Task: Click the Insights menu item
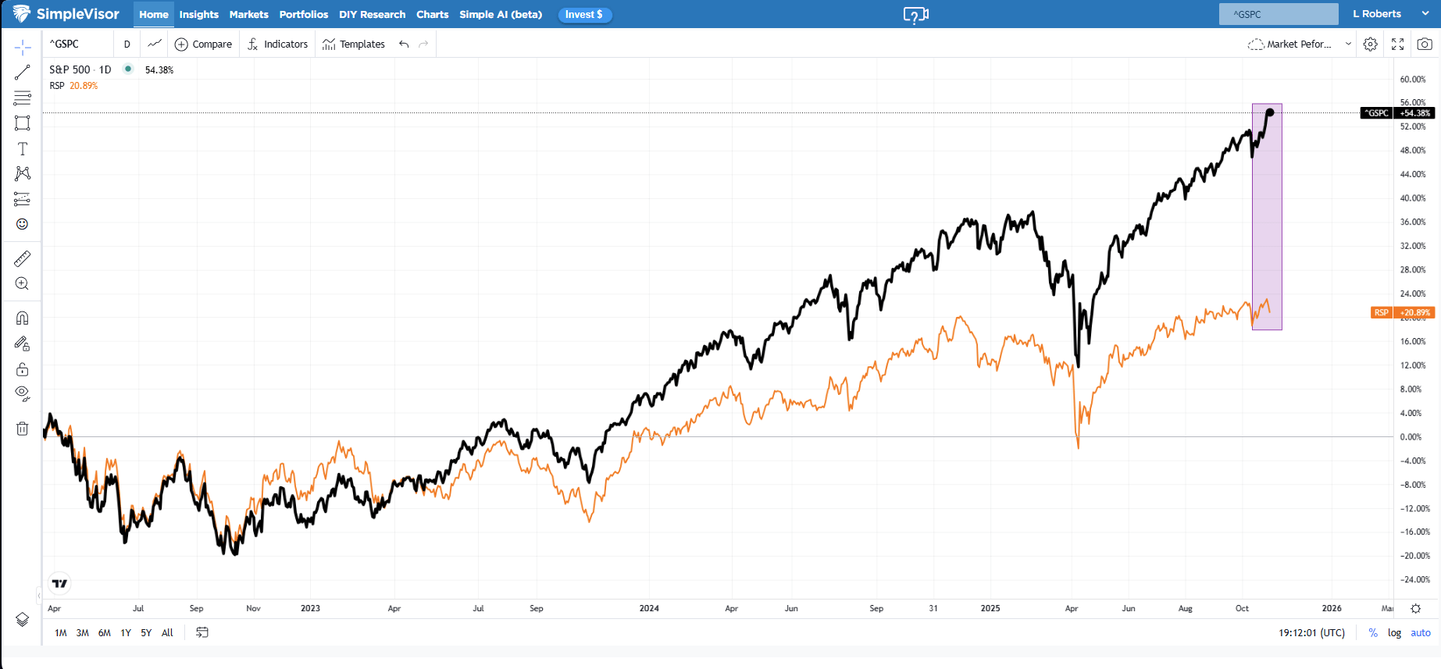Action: pyautogui.click(x=198, y=14)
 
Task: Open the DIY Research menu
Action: pyautogui.click(x=372, y=14)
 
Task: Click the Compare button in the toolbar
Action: pyautogui.click(x=203, y=44)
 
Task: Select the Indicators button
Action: pyautogui.click(x=277, y=44)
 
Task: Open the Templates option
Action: pyautogui.click(x=354, y=44)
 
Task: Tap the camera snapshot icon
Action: pyautogui.click(x=1425, y=44)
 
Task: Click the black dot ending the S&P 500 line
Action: pyautogui.click(x=1270, y=112)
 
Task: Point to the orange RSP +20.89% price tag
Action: pyautogui.click(x=1403, y=312)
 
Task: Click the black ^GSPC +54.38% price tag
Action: pyautogui.click(x=1397, y=113)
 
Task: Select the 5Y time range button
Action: pyautogui.click(x=146, y=633)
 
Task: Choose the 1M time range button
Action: pyautogui.click(x=60, y=633)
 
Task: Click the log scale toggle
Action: pyautogui.click(x=1394, y=633)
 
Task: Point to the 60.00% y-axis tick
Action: pyautogui.click(x=1412, y=79)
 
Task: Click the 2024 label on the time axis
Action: pyautogui.click(x=649, y=608)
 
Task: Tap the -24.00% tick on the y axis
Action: pyautogui.click(x=1414, y=579)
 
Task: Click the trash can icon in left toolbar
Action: pyautogui.click(x=22, y=429)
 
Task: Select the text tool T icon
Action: pyautogui.click(x=22, y=148)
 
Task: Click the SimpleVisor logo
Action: pyautogui.click(x=66, y=14)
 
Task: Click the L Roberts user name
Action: pyautogui.click(x=1377, y=14)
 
